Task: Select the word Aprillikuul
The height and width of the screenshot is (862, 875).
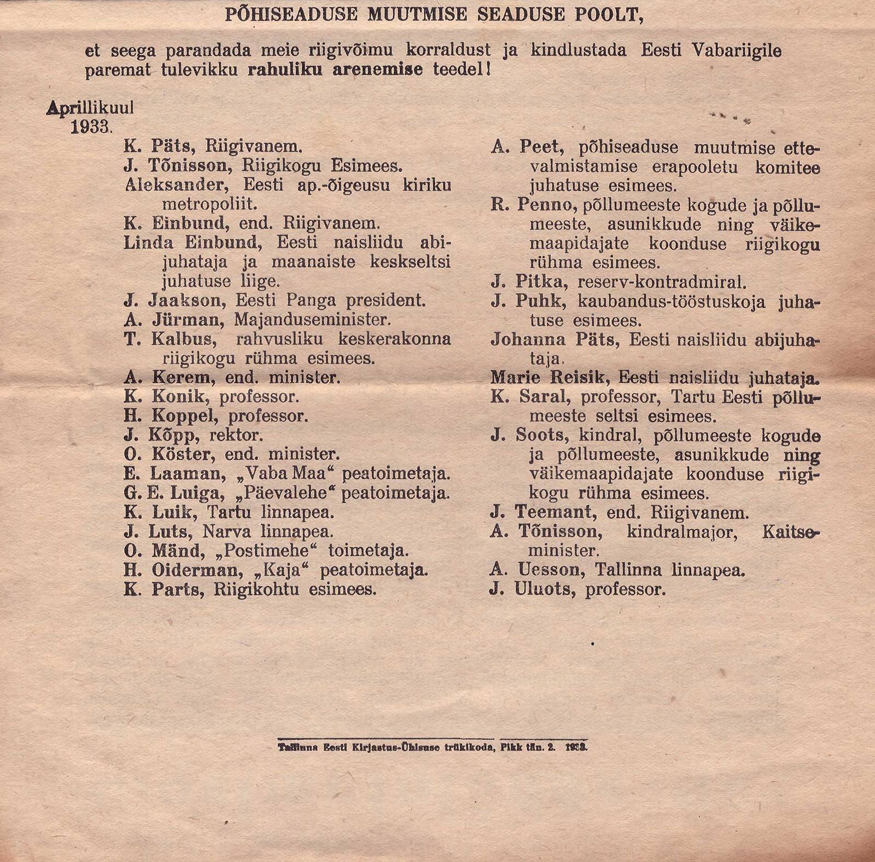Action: pos(90,108)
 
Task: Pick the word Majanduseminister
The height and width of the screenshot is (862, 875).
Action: pos(312,319)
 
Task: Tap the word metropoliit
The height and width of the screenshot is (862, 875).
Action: pos(209,204)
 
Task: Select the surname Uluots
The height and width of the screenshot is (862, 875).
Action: pos(545,590)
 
